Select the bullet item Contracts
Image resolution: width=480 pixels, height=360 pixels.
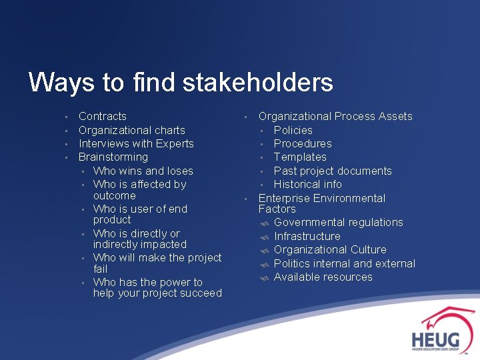(x=103, y=117)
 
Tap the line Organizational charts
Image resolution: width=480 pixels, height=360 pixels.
(x=131, y=130)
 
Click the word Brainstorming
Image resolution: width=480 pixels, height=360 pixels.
(x=113, y=157)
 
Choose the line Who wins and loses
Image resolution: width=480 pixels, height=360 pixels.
(x=143, y=171)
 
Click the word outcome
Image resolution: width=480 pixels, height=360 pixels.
(x=114, y=195)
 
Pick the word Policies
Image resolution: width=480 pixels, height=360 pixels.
(x=293, y=130)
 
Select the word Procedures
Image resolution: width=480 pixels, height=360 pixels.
(x=302, y=143)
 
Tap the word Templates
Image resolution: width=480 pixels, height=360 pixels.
(x=300, y=157)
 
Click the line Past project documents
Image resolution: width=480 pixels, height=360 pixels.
(x=333, y=171)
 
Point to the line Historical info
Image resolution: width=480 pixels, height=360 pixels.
(x=307, y=184)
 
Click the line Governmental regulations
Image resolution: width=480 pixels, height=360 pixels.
(x=338, y=222)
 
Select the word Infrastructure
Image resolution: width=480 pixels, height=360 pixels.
(x=307, y=236)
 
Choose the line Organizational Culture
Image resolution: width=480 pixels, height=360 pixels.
(x=330, y=249)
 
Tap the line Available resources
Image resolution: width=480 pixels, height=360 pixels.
(x=323, y=277)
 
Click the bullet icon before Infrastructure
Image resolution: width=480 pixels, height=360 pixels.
(x=264, y=237)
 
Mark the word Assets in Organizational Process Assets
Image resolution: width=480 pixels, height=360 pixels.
(x=395, y=117)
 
